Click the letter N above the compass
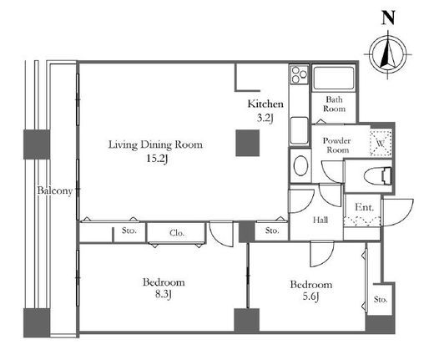(x=388, y=18)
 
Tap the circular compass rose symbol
(x=388, y=54)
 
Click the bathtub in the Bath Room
(x=333, y=78)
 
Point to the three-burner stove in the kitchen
(x=299, y=74)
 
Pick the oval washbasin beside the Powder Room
(x=300, y=165)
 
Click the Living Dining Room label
(x=155, y=145)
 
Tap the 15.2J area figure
(x=157, y=159)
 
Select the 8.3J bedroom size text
(x=163, y=294)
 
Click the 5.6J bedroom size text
(x=310, y=297)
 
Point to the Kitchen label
(x=265, y=104)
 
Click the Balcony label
(x=55, y=190)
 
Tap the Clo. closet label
(x=177, y=233)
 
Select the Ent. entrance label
(x=364, y=207)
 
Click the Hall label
(x=320, y=220)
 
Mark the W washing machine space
(x=381, y=143)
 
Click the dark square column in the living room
(x=248, y=143)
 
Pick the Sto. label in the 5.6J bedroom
(x=381, y=299)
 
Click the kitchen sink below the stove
(x=299, y=130)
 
